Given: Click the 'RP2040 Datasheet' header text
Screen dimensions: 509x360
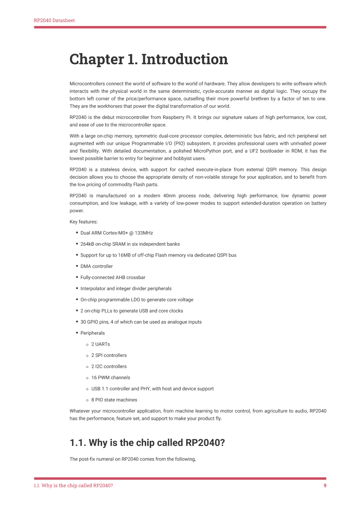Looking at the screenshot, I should (54, 21).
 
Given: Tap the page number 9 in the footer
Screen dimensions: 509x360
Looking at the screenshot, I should (325, 486).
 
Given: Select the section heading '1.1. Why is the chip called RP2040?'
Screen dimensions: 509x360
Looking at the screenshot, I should (147, 443).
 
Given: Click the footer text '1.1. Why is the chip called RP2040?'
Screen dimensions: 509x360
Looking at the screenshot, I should (73, 486).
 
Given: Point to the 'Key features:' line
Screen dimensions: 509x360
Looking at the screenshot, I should (84, 222).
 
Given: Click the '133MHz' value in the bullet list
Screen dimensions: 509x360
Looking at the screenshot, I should (144, 233).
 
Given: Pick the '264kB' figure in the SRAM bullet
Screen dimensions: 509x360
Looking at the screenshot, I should (87, 244).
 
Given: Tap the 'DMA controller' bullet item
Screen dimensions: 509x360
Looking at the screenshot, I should (96, 266).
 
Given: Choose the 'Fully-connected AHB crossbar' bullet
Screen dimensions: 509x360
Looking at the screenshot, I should (113, 277).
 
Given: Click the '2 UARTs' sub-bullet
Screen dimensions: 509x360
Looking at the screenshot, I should (100, 344).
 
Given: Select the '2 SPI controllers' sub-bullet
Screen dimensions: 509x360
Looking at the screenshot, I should (109, 355).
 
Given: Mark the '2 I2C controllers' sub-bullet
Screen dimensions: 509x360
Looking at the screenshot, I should (109, 367).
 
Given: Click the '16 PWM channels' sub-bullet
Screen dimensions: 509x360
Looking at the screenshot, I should (111, 378).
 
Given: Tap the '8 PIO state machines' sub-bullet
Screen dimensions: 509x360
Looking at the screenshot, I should (114, 400).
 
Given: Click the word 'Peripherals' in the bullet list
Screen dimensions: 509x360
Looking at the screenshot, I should (92, 333).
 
